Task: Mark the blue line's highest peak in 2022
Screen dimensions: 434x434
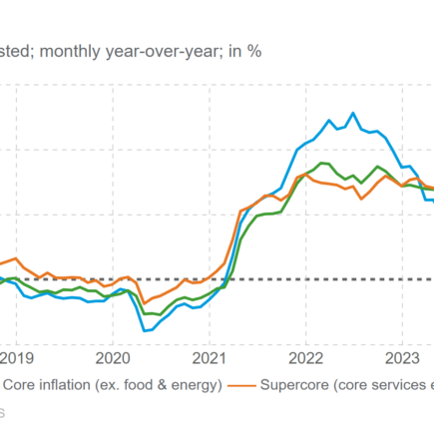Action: click(352, 113)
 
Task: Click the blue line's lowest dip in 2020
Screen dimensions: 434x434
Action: click(146, 330)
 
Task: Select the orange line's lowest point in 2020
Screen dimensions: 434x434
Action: click(144, 302)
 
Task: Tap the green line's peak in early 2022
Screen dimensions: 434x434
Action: click(321, 162)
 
